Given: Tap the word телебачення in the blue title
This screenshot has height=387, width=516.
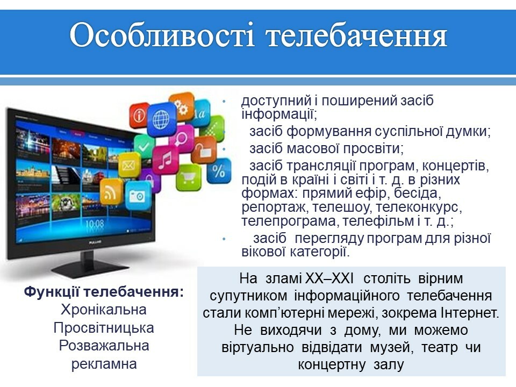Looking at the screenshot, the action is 357,36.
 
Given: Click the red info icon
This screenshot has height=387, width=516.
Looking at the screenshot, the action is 139,115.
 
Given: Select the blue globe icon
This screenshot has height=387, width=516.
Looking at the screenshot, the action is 161,119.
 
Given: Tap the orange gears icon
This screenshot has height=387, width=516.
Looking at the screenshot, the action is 182,106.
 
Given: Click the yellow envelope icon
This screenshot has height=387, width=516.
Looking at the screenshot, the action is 128,164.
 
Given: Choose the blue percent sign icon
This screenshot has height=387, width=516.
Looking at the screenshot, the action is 219,171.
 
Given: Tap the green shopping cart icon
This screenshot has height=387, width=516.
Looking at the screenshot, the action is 188,177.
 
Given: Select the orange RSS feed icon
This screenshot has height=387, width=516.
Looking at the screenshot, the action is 111,192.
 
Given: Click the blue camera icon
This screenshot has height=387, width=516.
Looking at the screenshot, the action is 138,196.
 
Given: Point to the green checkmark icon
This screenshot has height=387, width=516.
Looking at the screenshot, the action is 144,146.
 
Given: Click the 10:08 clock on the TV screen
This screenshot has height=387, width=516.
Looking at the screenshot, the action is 95,225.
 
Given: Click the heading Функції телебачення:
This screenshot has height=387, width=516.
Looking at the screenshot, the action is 104,292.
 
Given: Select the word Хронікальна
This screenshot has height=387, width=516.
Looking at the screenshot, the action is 104,310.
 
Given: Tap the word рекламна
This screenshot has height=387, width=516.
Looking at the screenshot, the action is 104,364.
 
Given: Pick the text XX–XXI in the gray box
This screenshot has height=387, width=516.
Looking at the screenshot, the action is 329,278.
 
